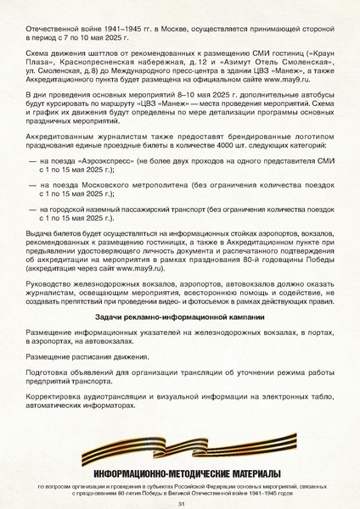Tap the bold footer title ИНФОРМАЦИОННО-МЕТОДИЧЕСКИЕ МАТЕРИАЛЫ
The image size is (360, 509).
point(179,472)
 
